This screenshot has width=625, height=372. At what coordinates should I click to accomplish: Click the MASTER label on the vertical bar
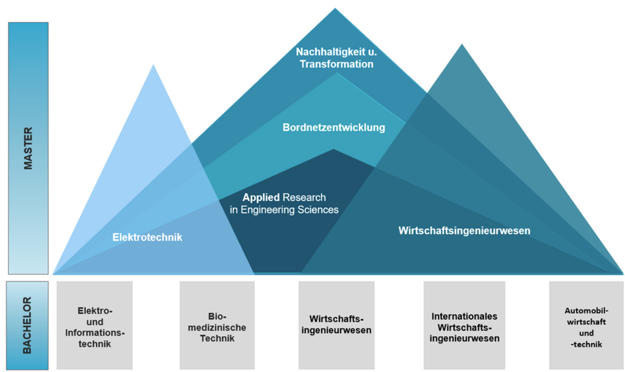point(28,148)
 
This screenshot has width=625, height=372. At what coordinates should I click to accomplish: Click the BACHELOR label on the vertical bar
point(27,325)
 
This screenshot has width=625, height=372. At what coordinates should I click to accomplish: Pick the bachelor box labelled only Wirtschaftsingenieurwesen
point(336,325)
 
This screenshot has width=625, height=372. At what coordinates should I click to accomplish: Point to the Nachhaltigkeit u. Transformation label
point(336,58)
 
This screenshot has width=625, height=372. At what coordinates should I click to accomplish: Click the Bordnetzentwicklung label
point(334,127)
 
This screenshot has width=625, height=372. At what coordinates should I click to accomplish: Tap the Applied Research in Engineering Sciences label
point(284,203)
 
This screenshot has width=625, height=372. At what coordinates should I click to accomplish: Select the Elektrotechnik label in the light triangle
point(147,237)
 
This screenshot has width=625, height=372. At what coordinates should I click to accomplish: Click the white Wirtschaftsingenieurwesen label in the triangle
point(464,231)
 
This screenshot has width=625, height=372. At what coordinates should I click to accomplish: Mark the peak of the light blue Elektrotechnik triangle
point(153,65)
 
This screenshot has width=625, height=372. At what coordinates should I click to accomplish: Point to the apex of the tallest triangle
point(335,9)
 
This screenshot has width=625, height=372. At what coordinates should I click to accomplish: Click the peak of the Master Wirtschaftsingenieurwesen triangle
point(462,45)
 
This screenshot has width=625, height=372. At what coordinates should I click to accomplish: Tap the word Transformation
point(336,64)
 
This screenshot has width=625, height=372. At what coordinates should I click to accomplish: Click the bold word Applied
point(261,197)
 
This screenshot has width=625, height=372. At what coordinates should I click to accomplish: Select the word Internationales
point(464,316)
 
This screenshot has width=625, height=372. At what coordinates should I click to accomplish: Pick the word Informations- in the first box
point(95,333)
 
